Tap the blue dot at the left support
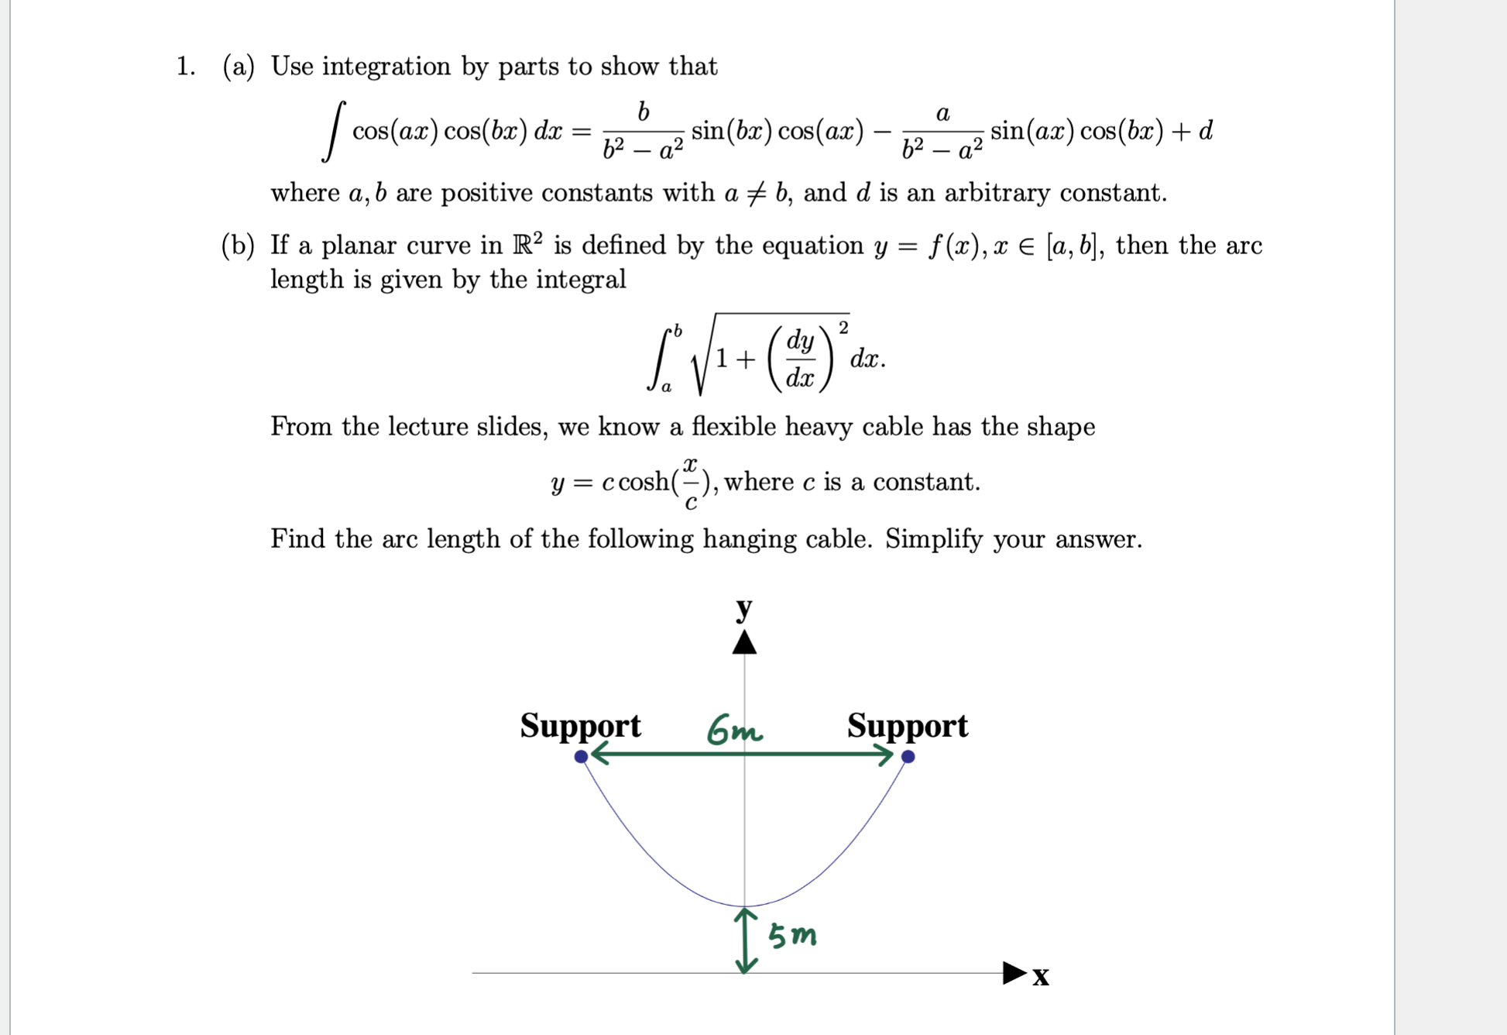tap(582, 757)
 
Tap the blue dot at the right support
tap(908, 757)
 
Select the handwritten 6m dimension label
tap(733, 730)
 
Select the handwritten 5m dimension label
tap(792, 936)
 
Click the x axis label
tap(1041, 976)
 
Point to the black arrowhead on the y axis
tap(744, 643)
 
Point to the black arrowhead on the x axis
tap(1014, 973)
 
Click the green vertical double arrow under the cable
tap(746, 940)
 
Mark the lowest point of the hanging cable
tap(745, 906)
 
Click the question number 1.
tap(185, 67)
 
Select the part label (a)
tap(239, 67)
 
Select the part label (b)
tap(238, 246)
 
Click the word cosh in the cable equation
tap(644, 483)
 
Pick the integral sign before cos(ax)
tap(334, 132)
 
